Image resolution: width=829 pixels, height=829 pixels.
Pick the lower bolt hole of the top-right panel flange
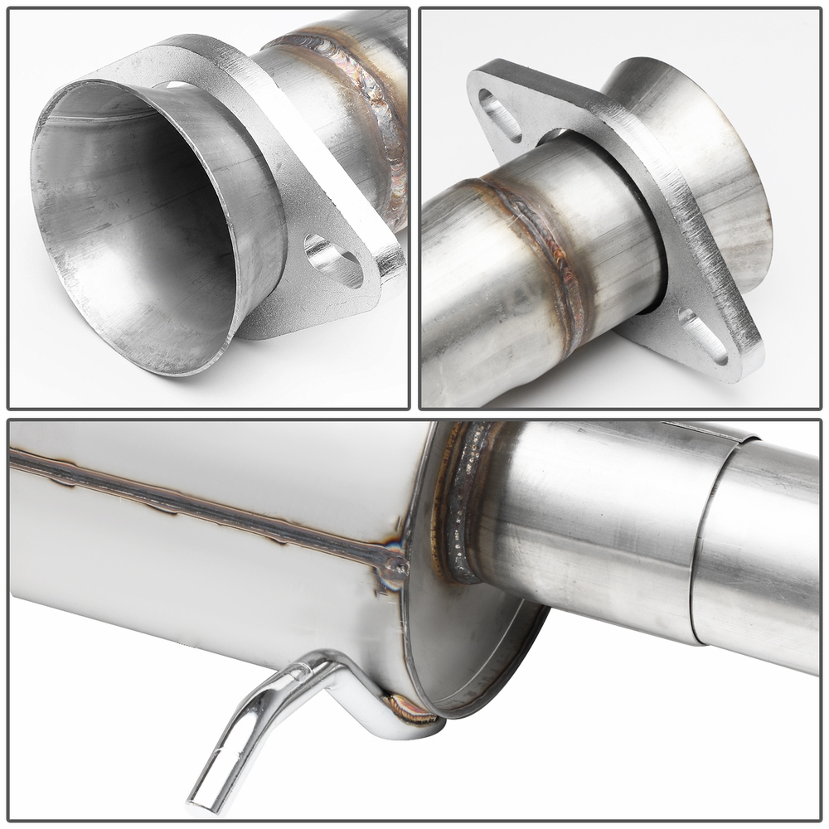click(x=703, y=336)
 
